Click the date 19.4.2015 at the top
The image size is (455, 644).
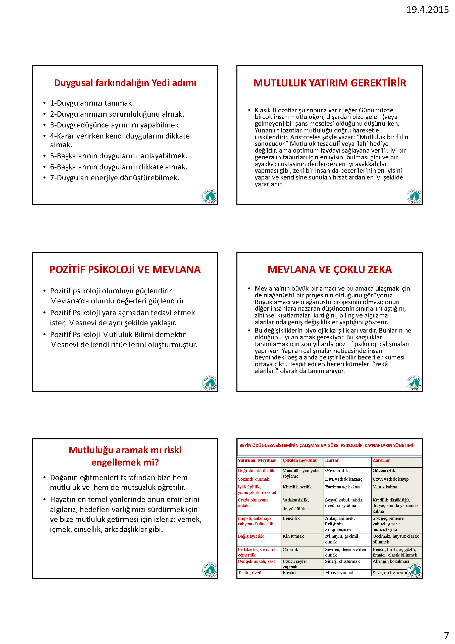(x=427, y=10)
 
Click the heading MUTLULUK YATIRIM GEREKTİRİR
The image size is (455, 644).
(x=329, y=83)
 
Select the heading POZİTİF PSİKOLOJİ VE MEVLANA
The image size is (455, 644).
(x=125, y=269)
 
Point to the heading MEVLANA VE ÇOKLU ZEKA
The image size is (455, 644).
(x=329, y=269)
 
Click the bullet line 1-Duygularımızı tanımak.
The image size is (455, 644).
(x=92, y=103)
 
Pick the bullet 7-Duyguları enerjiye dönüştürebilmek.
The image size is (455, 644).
(x=114, y=178)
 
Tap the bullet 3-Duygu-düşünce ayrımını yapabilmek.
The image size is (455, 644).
(x=115, y=125)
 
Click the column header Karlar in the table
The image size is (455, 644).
(x=332, y=460)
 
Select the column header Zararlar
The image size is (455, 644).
(x=381, y=460)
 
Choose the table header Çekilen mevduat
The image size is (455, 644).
(x=299, y=460)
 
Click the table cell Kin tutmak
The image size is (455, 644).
(x=293, y=536)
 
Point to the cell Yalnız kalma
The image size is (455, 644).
(x=385, y=487)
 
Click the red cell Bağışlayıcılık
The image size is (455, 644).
(x=251, y=536)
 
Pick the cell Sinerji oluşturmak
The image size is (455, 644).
(x=342, y=561)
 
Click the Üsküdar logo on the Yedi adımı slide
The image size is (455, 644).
(x=210, y=196)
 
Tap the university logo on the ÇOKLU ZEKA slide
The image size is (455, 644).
(x=414, y=383)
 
